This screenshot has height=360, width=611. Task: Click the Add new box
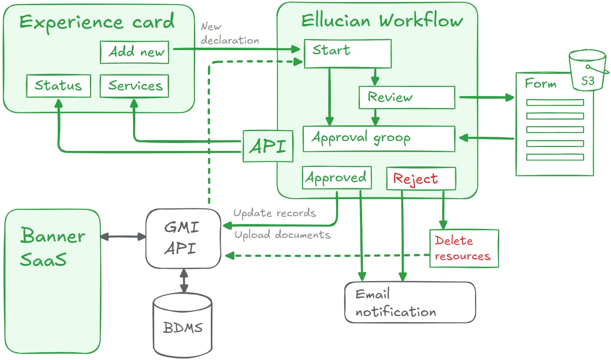pos(134,52)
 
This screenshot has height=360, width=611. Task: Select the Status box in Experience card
pos(58,86)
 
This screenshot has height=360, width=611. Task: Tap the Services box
pos(134,86)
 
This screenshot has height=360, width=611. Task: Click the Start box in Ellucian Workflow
pos(347,53)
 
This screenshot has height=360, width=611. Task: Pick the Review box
pos(406,97)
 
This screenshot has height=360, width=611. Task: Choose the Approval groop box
pos(378,139)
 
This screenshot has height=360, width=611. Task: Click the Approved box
pos(337,178)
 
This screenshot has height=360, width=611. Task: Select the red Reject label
pos(415,179)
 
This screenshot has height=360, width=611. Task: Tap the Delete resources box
pos(464,248)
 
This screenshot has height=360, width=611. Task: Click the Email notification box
pos(410,302)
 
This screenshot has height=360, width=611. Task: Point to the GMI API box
pos(183,238)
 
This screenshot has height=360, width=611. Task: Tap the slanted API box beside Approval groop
pos(268,146)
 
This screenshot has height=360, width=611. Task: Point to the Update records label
pos(274,213)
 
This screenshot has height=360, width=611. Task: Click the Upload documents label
pos(282,235)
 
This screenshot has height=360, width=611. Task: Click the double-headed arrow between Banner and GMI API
pos(123,237)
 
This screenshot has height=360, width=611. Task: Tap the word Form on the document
pos(540,83)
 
